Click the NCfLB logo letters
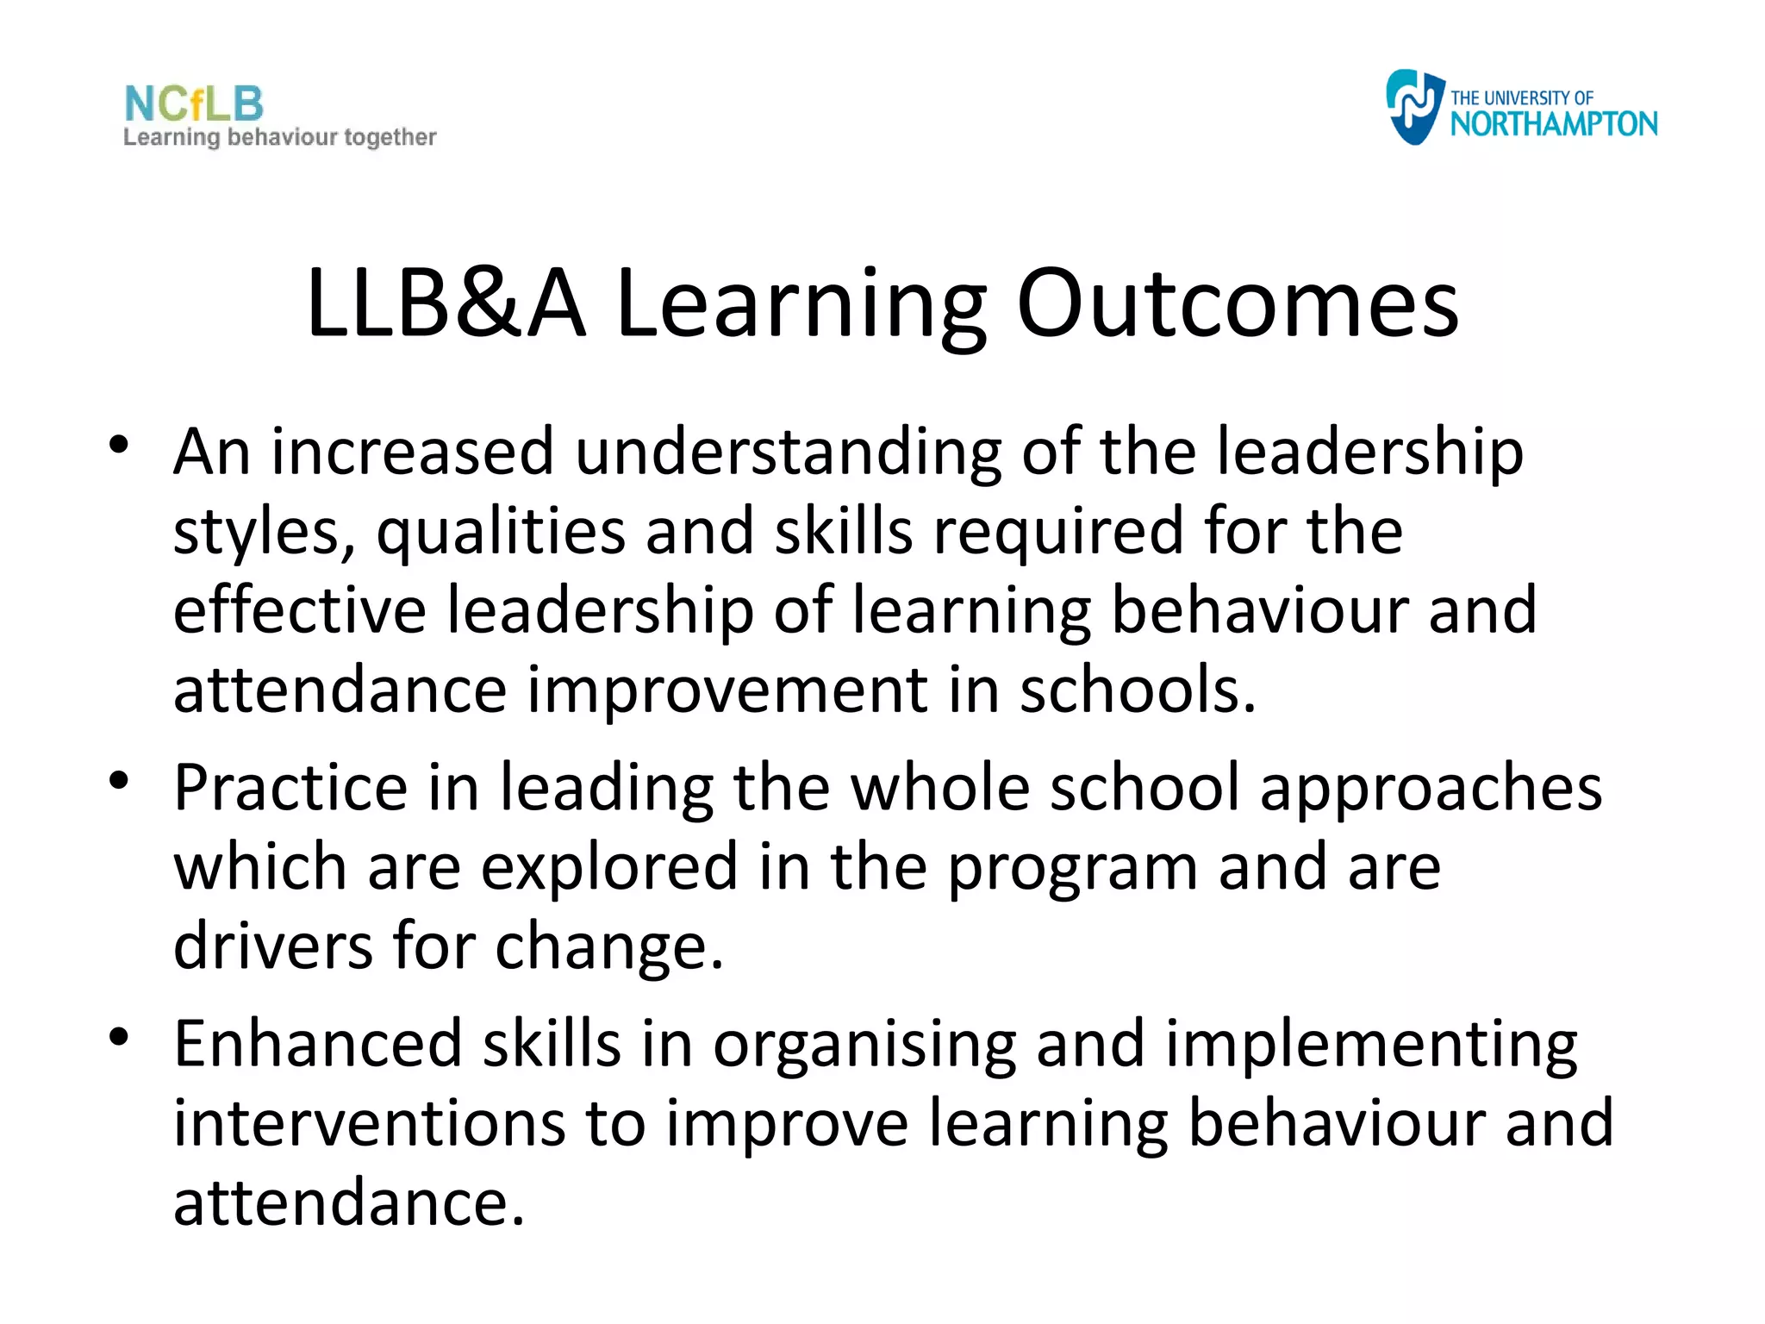(x=194, y=104)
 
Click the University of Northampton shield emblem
(x=1413, y=107)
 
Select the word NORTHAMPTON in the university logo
(x=1553, y=124)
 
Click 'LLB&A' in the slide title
(x=446, y=303)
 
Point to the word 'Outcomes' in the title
(x=1238, y=303)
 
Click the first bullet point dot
(x=119, y=445)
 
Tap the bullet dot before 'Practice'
(x=119, y=781)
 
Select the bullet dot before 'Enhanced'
(x=119, y=1036)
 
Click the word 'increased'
(x=413, y=452)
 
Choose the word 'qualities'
(x=501, y=533)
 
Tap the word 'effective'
(x=299, y=610)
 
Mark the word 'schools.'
(x=1138, y=690)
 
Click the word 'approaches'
(x=1431, y=789)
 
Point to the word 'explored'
(x=609, y=867)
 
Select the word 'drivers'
(x=273, y=946)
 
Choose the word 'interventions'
(x=369, y=1124)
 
